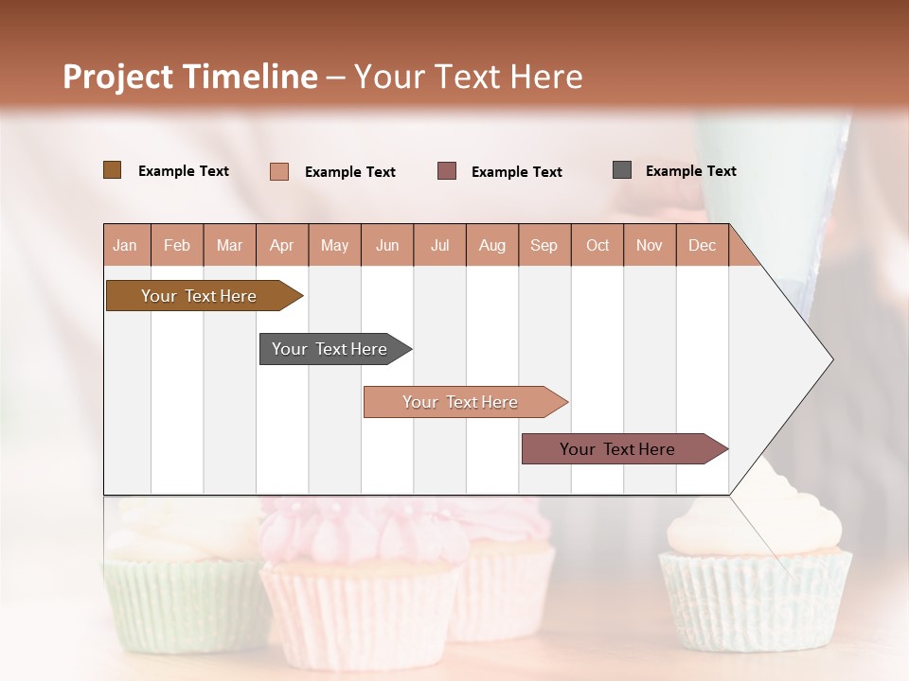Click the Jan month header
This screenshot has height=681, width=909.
(125, 245)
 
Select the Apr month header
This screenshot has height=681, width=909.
(281, 245)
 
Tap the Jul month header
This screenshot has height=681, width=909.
(439, 245)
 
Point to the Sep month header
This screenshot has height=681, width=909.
(544, 245)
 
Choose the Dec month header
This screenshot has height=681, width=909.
(702, 245)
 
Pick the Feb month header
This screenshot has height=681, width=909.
(177, 245)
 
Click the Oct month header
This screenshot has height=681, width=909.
(597, 245)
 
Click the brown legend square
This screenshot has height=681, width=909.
(112, 170)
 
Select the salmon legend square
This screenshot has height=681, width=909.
(278, 171)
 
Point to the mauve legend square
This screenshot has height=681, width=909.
(447, 171)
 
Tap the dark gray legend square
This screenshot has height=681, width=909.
(621, 170)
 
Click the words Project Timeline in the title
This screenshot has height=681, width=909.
(189, 77)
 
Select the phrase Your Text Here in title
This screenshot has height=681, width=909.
(468, 77)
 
